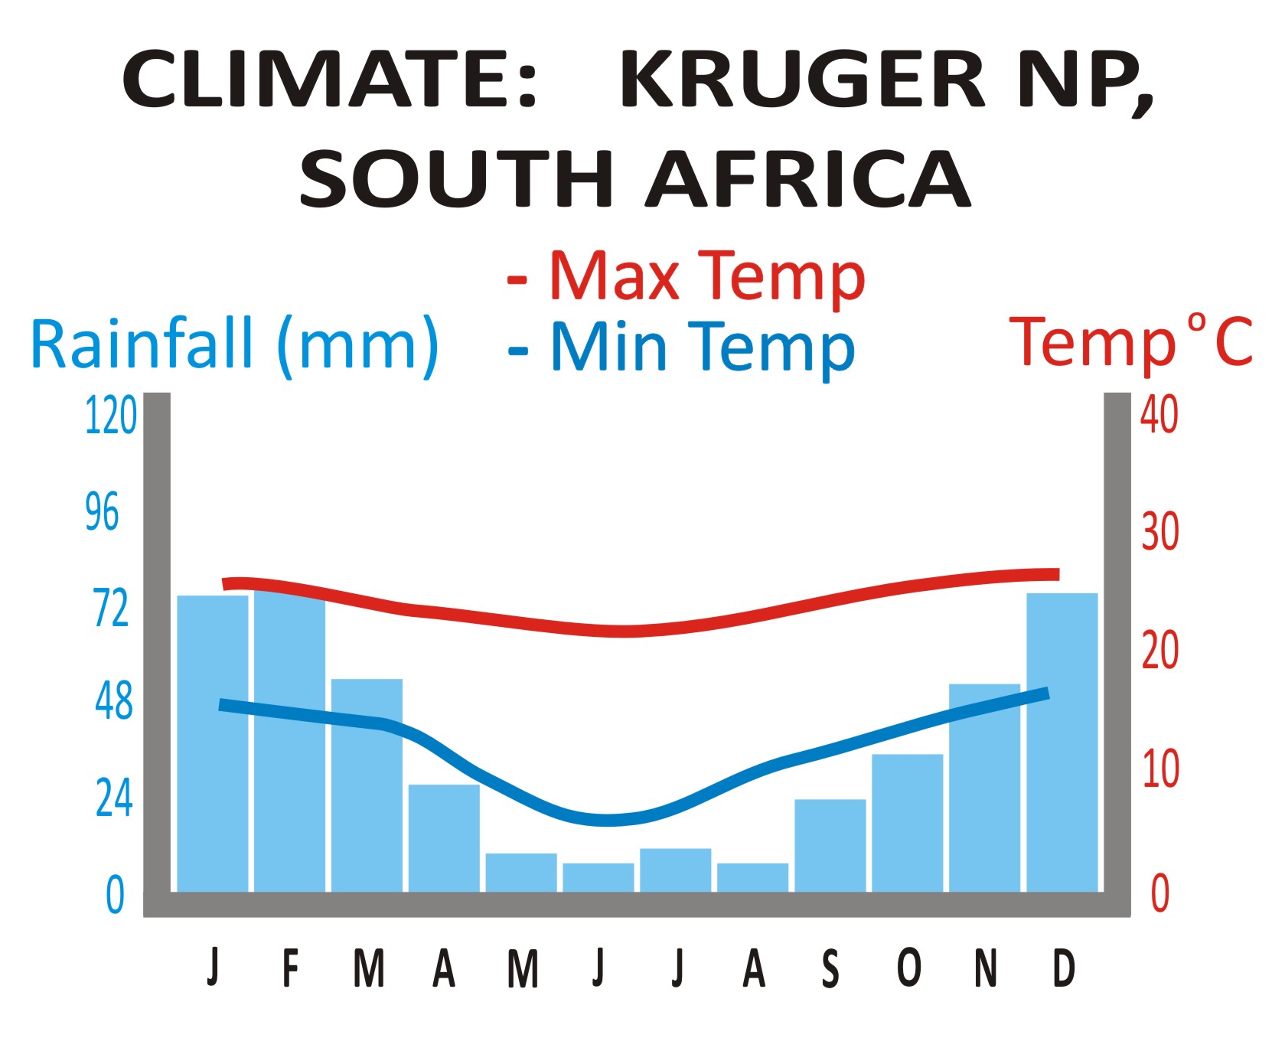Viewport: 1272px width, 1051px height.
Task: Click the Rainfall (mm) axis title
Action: (x=234, y=345)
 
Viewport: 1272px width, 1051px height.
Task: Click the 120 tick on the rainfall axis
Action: (x=110, y=416)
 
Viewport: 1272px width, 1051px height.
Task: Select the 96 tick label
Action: (x=102, y=512)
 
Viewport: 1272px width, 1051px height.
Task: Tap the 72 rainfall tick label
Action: (x=111, y=609)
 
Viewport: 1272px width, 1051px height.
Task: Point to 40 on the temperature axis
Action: (x=1159, y=416)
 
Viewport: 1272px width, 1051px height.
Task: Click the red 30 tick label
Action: (x=1159, y=531)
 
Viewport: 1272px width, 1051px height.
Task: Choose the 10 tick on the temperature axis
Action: (x=1159, y=769)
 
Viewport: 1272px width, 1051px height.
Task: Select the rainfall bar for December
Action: (x=1062, y=743)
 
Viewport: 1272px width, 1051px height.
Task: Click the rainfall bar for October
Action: (x=907, y=823)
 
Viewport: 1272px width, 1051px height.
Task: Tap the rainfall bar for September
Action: (x=830, y=845)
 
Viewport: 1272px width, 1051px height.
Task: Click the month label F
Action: (x=290, y=968)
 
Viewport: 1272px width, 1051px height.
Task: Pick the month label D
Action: (x=1064, y=968)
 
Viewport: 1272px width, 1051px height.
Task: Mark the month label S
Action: (x=830, y=968)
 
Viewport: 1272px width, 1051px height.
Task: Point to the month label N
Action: (x=986, y=968)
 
